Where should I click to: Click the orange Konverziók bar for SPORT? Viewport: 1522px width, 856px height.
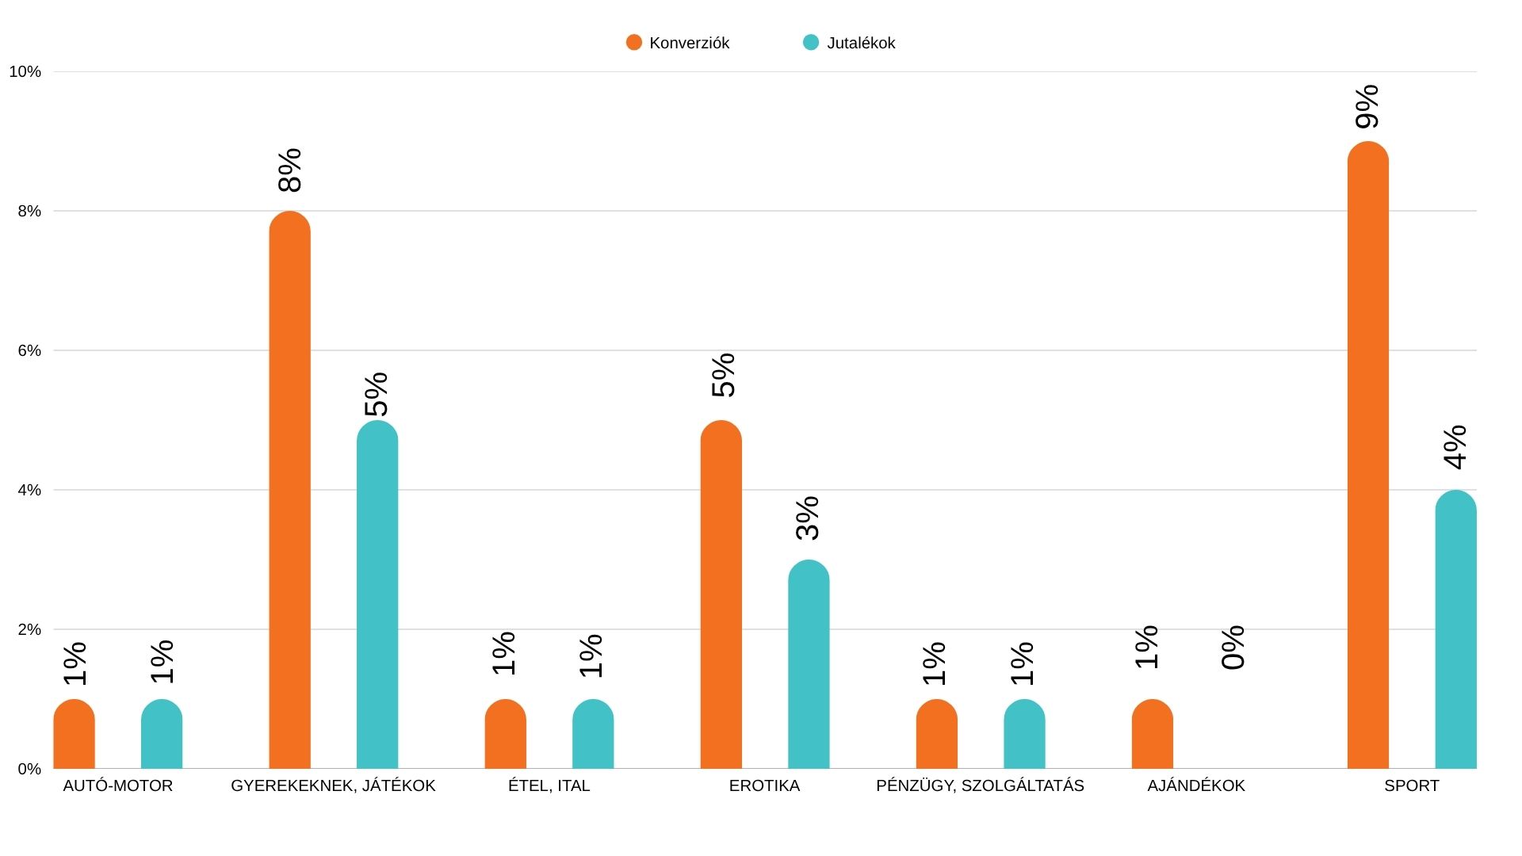tap(1367, 456)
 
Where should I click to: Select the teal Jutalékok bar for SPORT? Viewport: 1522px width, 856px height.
tap(1455, 630)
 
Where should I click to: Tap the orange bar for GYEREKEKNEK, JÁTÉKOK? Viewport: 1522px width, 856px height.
tap(289, 491)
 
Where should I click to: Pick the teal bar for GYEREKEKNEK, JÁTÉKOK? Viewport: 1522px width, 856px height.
tap(377, 594)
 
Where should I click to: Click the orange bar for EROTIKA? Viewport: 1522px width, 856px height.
tap(721, 594)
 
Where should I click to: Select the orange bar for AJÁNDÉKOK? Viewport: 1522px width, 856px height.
tap(1152, 735)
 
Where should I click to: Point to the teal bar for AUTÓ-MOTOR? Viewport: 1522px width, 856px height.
tap(162, 735)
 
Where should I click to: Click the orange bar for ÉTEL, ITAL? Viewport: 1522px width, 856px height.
tap(505, 735)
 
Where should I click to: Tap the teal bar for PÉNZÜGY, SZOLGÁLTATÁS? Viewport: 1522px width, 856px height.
tap(1024, 735)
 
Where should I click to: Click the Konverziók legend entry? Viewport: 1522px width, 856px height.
tap(679, 43)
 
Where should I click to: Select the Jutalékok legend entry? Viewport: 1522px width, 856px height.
tap(850, 43)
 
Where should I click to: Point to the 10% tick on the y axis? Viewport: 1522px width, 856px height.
tap(25, 72)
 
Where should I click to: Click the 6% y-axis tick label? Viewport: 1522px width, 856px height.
tap(29, 350)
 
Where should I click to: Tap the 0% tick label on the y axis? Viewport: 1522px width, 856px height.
tap(29, 769)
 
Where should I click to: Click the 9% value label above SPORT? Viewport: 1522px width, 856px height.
tap(1367, 107)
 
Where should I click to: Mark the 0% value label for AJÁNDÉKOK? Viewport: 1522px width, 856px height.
tap(1233, 648)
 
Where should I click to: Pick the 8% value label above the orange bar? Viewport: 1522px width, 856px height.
tap(290, 170)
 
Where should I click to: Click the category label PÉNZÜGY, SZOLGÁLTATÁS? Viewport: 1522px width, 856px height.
tap(980, 785)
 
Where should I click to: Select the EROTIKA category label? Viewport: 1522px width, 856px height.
tap(764, 785)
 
